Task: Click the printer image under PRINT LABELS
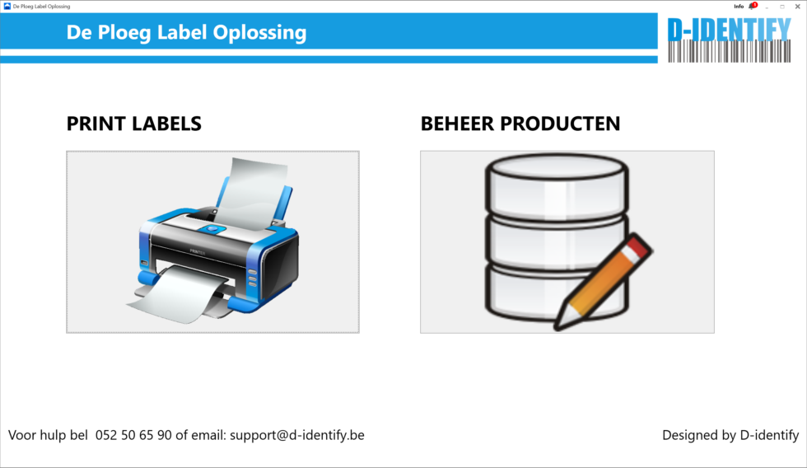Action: (x=212, y=241)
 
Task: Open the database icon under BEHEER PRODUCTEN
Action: (x=567, y=241)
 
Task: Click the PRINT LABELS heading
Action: (x=133, y=124)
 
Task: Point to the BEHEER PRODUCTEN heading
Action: (x=520, y=124)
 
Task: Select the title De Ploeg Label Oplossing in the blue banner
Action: (x=186, y=33)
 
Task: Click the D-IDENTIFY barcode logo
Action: (x=729, y=40)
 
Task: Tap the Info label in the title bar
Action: (x=739, y=6)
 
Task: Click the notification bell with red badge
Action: (x=752, y=6)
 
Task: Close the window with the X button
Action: (x=797, y=6)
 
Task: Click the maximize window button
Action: (x=782, y=6)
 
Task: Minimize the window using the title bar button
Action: (x=767, y=6)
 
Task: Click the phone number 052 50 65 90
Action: (x=133, y=435)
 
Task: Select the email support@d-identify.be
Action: (x=296, y=435)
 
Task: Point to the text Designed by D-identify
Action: (x=730, y=435)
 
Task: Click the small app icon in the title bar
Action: (x=7, y=6)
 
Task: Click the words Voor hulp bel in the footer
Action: (x=48, y=435)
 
